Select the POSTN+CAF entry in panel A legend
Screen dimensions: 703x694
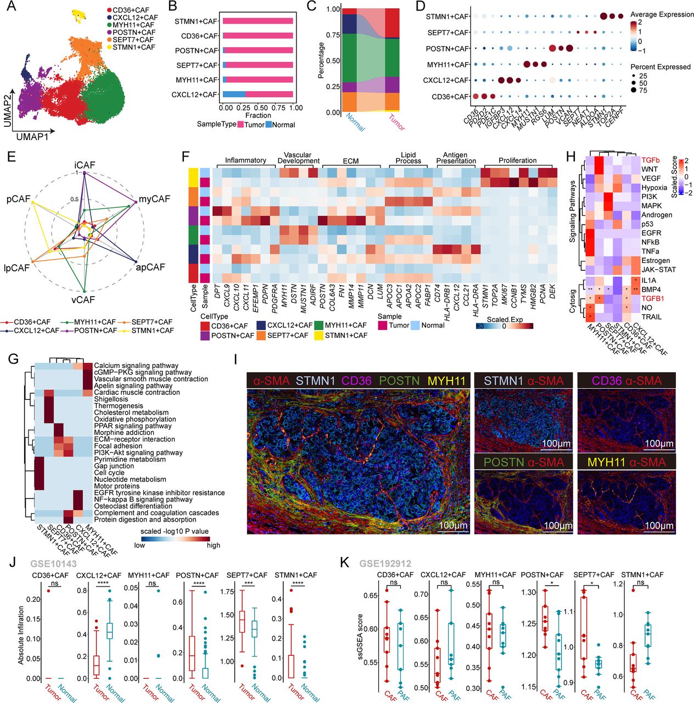tap(133, 32)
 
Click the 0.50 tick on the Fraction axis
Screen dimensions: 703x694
tap(261, 108)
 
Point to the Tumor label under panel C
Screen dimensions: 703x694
tap(396, 122)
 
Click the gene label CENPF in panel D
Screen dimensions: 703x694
tap(611, 116)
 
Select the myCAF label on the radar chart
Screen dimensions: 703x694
tap(154, 199)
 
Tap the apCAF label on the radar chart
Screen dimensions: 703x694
tap(150, 267)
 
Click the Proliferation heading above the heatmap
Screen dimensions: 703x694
tap(517, 160)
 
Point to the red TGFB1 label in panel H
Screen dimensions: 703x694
tap(653, 299)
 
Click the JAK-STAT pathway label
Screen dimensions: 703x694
tap(658, 270)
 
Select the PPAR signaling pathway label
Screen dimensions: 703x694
tap(132, 426)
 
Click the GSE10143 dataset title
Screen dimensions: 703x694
tap(53, 563)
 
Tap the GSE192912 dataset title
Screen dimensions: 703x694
tap(385, 563)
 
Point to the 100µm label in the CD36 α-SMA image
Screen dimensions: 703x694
tap(658, 443)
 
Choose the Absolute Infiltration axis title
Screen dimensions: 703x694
tap(21, 635)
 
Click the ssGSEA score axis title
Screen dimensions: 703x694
tap(361, 637)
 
